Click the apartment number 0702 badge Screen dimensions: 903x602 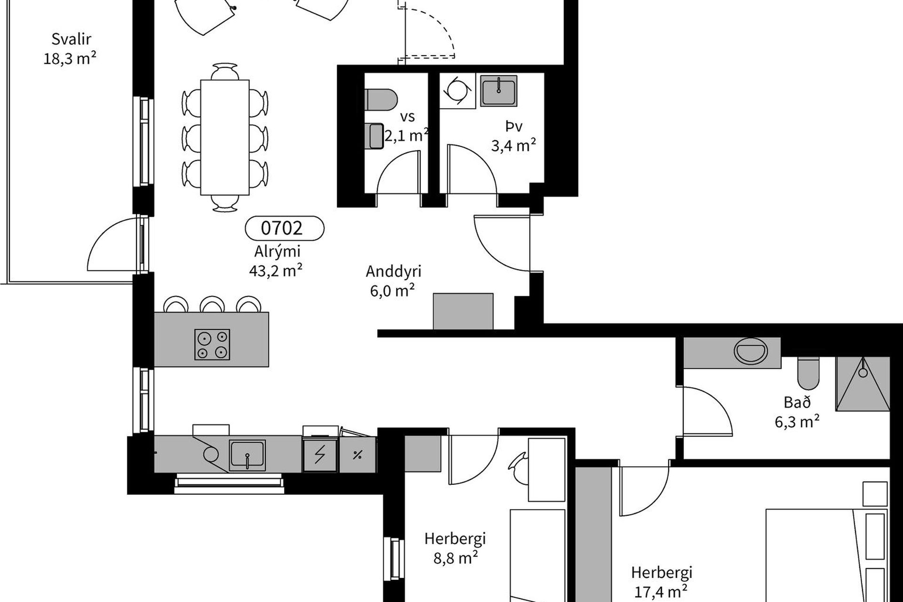tap(285, 229)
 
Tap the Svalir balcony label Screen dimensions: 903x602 tap(71, 39)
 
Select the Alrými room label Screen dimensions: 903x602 tap(277, 252)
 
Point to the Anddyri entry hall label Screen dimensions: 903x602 tap(393, 271)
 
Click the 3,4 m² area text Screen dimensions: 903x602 tap(514, 145)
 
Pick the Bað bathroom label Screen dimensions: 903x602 tap(797, 403)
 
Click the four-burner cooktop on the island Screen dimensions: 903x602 tap(212, 345)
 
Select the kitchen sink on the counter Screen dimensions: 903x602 tap(247, 455)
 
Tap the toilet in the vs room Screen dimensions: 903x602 tap(381, 100)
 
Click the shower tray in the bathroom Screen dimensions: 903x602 tap(863, 383)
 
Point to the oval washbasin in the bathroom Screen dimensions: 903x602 tap(751, 352)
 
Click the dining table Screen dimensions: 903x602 tap(225, 137)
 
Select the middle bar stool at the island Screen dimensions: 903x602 tap(212, 304)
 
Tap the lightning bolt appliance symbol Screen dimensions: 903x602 tap(320, 455)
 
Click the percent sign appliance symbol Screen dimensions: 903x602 tap(357, 455)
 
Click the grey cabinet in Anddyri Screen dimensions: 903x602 tap(463, 311)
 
